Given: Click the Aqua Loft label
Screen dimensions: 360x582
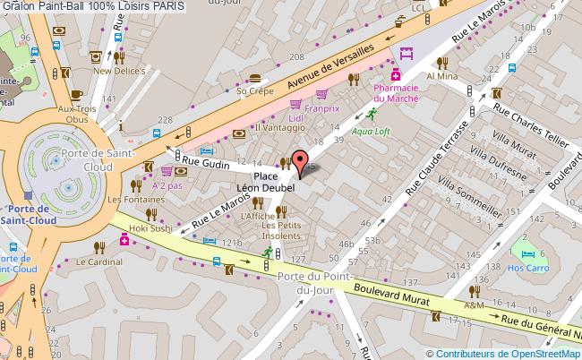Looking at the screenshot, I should tap(369, 130).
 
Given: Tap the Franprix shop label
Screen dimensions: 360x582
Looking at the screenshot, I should tap(323, 110).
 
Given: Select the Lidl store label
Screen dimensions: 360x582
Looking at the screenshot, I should tap(295, 119).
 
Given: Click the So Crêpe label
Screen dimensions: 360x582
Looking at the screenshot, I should tap(252, 90).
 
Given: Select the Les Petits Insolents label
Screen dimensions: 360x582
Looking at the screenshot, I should tap(284, 231).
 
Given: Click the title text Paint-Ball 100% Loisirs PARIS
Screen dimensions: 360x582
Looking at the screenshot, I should tap(93, 6).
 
